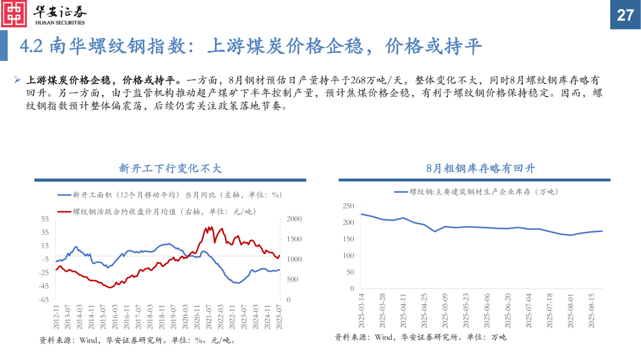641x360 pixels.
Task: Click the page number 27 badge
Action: pyautogui.click(x=625, y=15)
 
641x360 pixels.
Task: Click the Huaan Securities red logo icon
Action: pyautogui.click(x=15, y=14)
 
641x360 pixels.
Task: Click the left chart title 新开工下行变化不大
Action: pyautogui.click(x=170, y=168)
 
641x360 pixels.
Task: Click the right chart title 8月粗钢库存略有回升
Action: pyautogui.click(x=480, y=168)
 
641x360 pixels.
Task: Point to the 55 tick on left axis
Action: pyautogui.click(x=45, y=219)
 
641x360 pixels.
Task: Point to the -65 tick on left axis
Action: pyautogui.click(x=44, y=300)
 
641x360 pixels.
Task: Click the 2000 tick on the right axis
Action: pyautogui.click(x=295, y=219)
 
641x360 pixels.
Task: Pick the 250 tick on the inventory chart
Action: pyautogui.click(x=348, y=206)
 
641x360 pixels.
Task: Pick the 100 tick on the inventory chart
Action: pyautogui.click(x=348, y=256)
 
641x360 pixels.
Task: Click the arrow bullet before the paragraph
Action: pyautogui.click(x=18, y=79)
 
